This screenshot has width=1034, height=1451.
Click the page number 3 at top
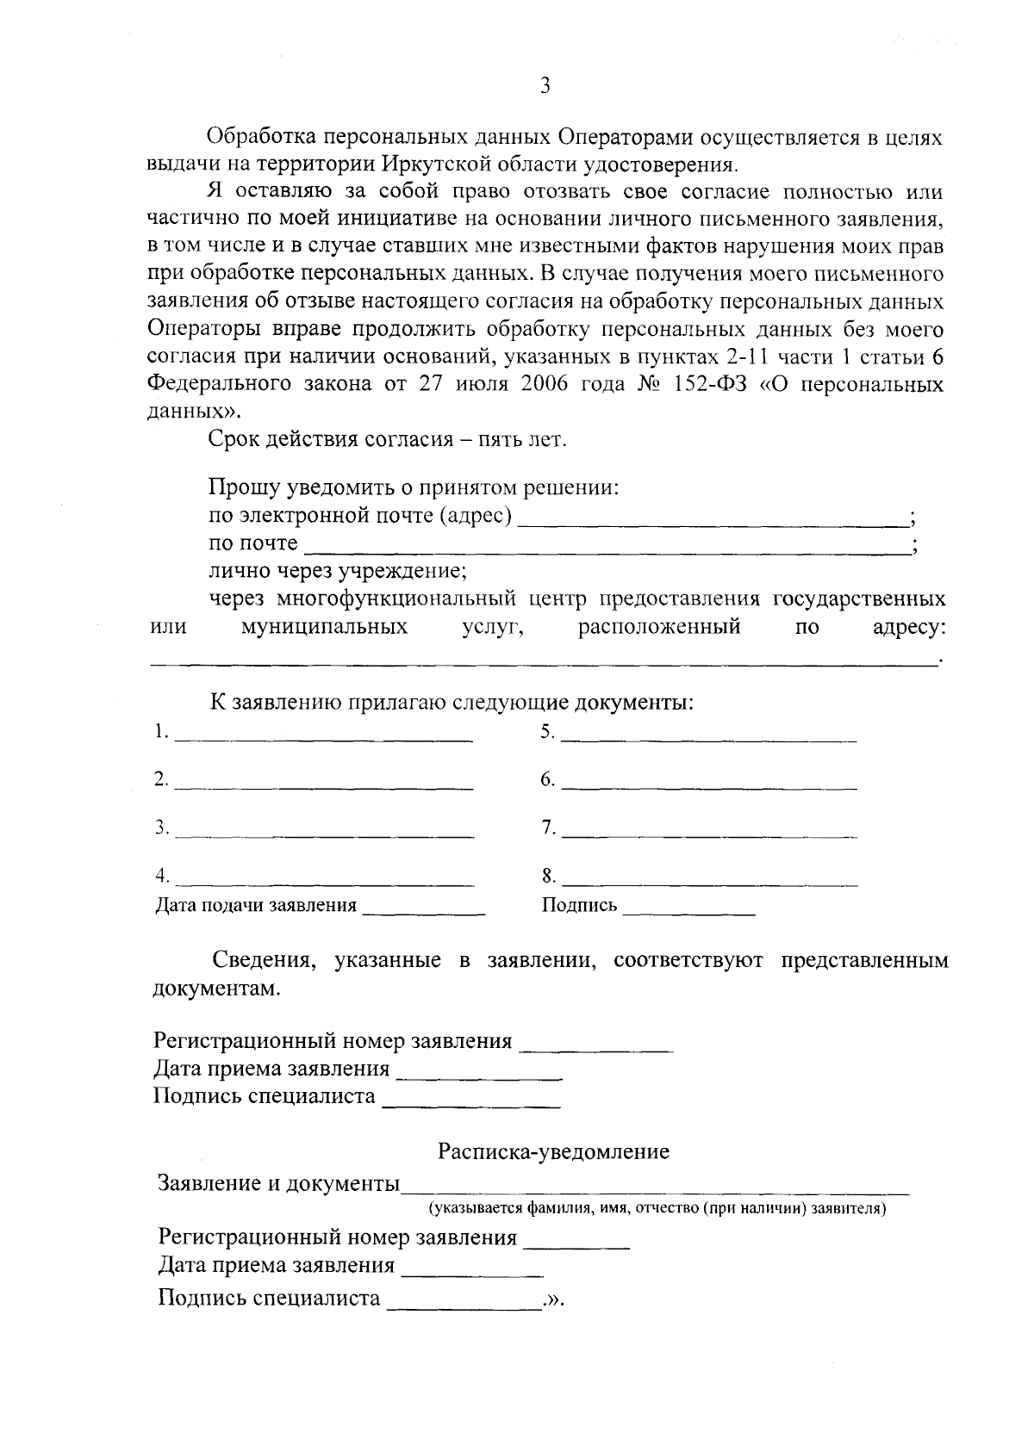(x=543, y=85)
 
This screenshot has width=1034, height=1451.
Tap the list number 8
(x=548, y=877)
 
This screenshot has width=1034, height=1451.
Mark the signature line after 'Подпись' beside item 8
(x=688, y=910)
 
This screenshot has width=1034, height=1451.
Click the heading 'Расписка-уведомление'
(x=553, y=1151)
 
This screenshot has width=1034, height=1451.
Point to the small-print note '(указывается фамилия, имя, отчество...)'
(x=658, y=1209)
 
